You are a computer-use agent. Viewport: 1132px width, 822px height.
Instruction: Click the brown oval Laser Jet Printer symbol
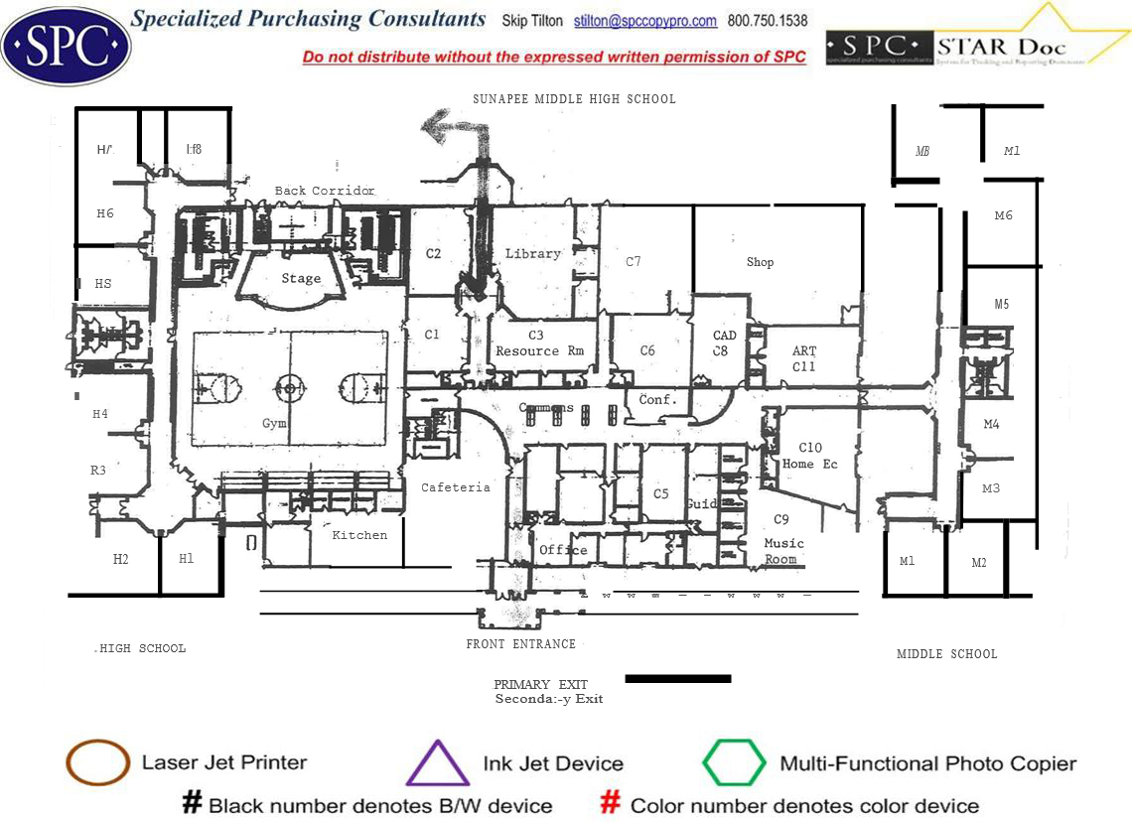(x=97, y=762)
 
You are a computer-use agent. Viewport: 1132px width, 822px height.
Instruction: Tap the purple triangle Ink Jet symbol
(x=438, y=764)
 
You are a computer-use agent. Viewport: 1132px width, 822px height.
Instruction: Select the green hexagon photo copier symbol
(x=734, y=763)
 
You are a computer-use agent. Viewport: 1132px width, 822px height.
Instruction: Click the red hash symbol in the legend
(x=612, y=803)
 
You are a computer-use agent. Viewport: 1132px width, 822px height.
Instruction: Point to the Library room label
(x=533, y=254)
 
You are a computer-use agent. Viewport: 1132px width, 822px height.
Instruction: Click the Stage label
(x=301, y=279)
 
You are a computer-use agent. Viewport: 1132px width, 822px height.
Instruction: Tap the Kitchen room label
(x=359, y=535)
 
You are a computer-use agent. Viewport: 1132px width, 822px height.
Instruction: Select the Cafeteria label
(x=456, y=487)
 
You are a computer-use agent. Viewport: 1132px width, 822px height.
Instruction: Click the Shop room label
(x=760, y=262)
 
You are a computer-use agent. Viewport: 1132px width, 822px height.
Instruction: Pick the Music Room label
(x=782, y=551)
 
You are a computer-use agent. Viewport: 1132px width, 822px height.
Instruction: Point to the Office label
(x=563, y=550)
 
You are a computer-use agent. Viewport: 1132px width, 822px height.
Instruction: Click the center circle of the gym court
(x=290, y=385)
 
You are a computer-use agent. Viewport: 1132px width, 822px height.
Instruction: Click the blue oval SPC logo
(x=67, y=46)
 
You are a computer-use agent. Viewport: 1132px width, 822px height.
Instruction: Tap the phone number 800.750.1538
(x=768, y=21)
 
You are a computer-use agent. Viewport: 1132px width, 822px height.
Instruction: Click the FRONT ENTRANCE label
(x=521, y=644)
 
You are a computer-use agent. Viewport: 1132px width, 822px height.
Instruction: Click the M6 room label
(x=1003, y=215)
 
